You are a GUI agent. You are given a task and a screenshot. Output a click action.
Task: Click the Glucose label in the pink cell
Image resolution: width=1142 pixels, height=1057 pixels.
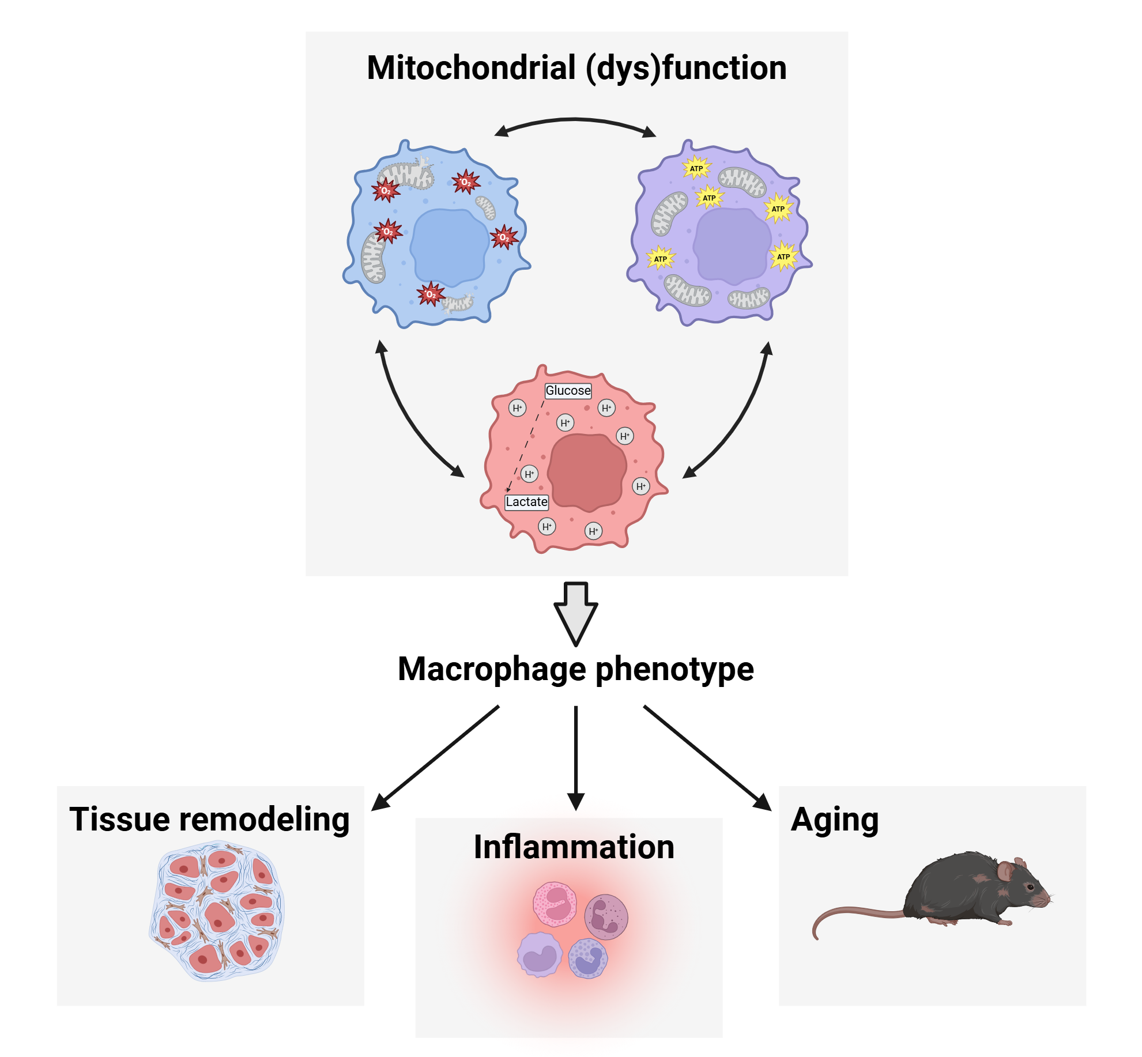[x=568, y=391]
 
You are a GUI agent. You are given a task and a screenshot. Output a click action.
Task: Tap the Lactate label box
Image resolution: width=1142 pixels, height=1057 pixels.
[x=526, y=502]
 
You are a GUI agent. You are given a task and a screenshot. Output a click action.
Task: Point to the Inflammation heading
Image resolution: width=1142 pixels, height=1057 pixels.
[x=574, y=847]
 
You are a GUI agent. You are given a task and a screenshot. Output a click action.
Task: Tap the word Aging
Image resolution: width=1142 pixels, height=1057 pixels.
[x=834, y=820]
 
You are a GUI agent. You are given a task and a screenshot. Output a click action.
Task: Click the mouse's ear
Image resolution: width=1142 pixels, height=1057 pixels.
[x=1005, y=870]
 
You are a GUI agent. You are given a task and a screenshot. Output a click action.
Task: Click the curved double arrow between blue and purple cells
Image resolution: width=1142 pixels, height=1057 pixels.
[x=575, y=120]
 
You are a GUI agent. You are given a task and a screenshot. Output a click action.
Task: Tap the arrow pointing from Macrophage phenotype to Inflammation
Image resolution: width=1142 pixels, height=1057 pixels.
[x=576, y=755]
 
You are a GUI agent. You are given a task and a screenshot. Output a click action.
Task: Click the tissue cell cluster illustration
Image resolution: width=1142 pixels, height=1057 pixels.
[x=217, y=911]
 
